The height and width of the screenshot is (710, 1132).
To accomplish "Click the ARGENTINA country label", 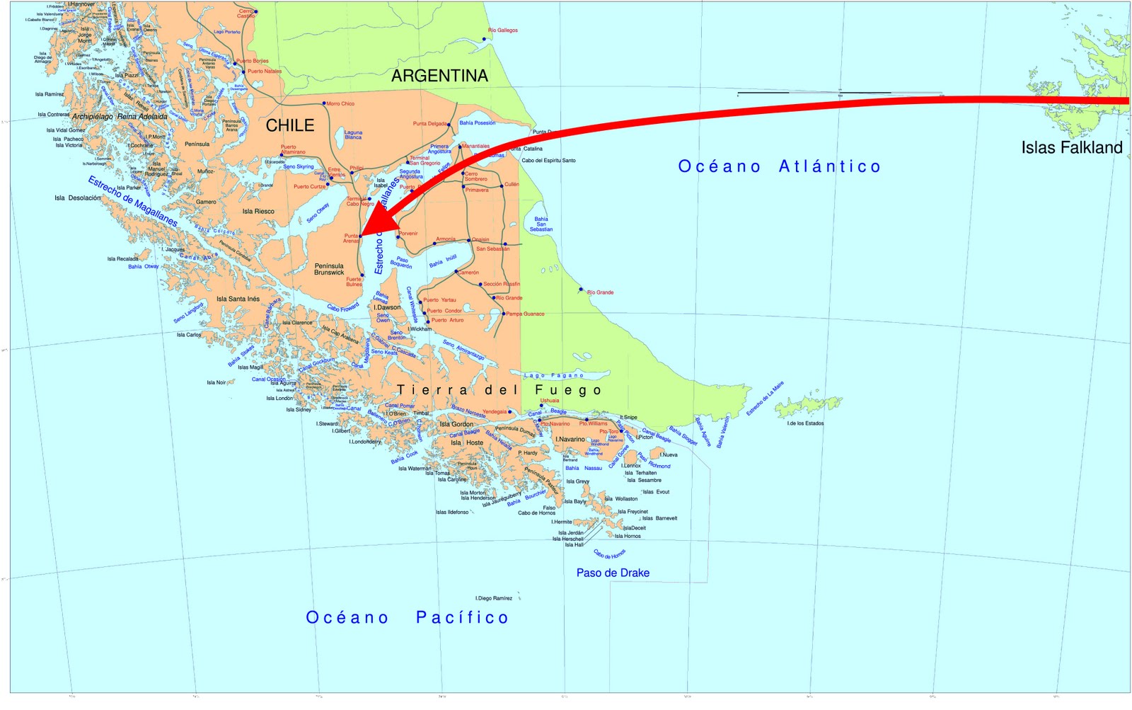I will point(439,76).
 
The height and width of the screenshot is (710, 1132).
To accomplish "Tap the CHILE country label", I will point(290,125).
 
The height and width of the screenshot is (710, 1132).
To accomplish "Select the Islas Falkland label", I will point(1071,148).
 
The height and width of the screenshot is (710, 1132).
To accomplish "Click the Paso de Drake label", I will point(613,573).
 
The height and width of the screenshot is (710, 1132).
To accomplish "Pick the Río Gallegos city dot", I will point(485,39).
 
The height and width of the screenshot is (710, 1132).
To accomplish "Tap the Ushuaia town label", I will point(550,401).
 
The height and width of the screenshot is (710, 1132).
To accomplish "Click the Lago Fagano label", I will point(554,375).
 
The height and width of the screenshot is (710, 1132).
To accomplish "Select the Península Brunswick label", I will point(329,269).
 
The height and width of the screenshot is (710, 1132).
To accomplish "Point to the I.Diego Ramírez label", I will point(494,598).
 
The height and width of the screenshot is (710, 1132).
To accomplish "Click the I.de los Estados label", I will point(805,423).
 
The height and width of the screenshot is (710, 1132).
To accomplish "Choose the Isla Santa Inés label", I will point(238,299).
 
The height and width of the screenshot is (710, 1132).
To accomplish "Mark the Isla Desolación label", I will point(77,198).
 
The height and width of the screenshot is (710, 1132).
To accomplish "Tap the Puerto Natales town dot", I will point(244,71).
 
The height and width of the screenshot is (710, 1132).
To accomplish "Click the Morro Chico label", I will point(340,103).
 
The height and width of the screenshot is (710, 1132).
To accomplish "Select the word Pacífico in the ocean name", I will point(462,617).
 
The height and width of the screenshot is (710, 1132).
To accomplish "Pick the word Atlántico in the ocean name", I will point(830,166).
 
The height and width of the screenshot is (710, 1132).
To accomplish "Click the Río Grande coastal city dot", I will point(582,290).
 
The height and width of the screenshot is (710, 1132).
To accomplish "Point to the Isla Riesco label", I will point(258,211).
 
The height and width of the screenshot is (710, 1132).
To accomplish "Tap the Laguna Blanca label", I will point(353,134).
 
